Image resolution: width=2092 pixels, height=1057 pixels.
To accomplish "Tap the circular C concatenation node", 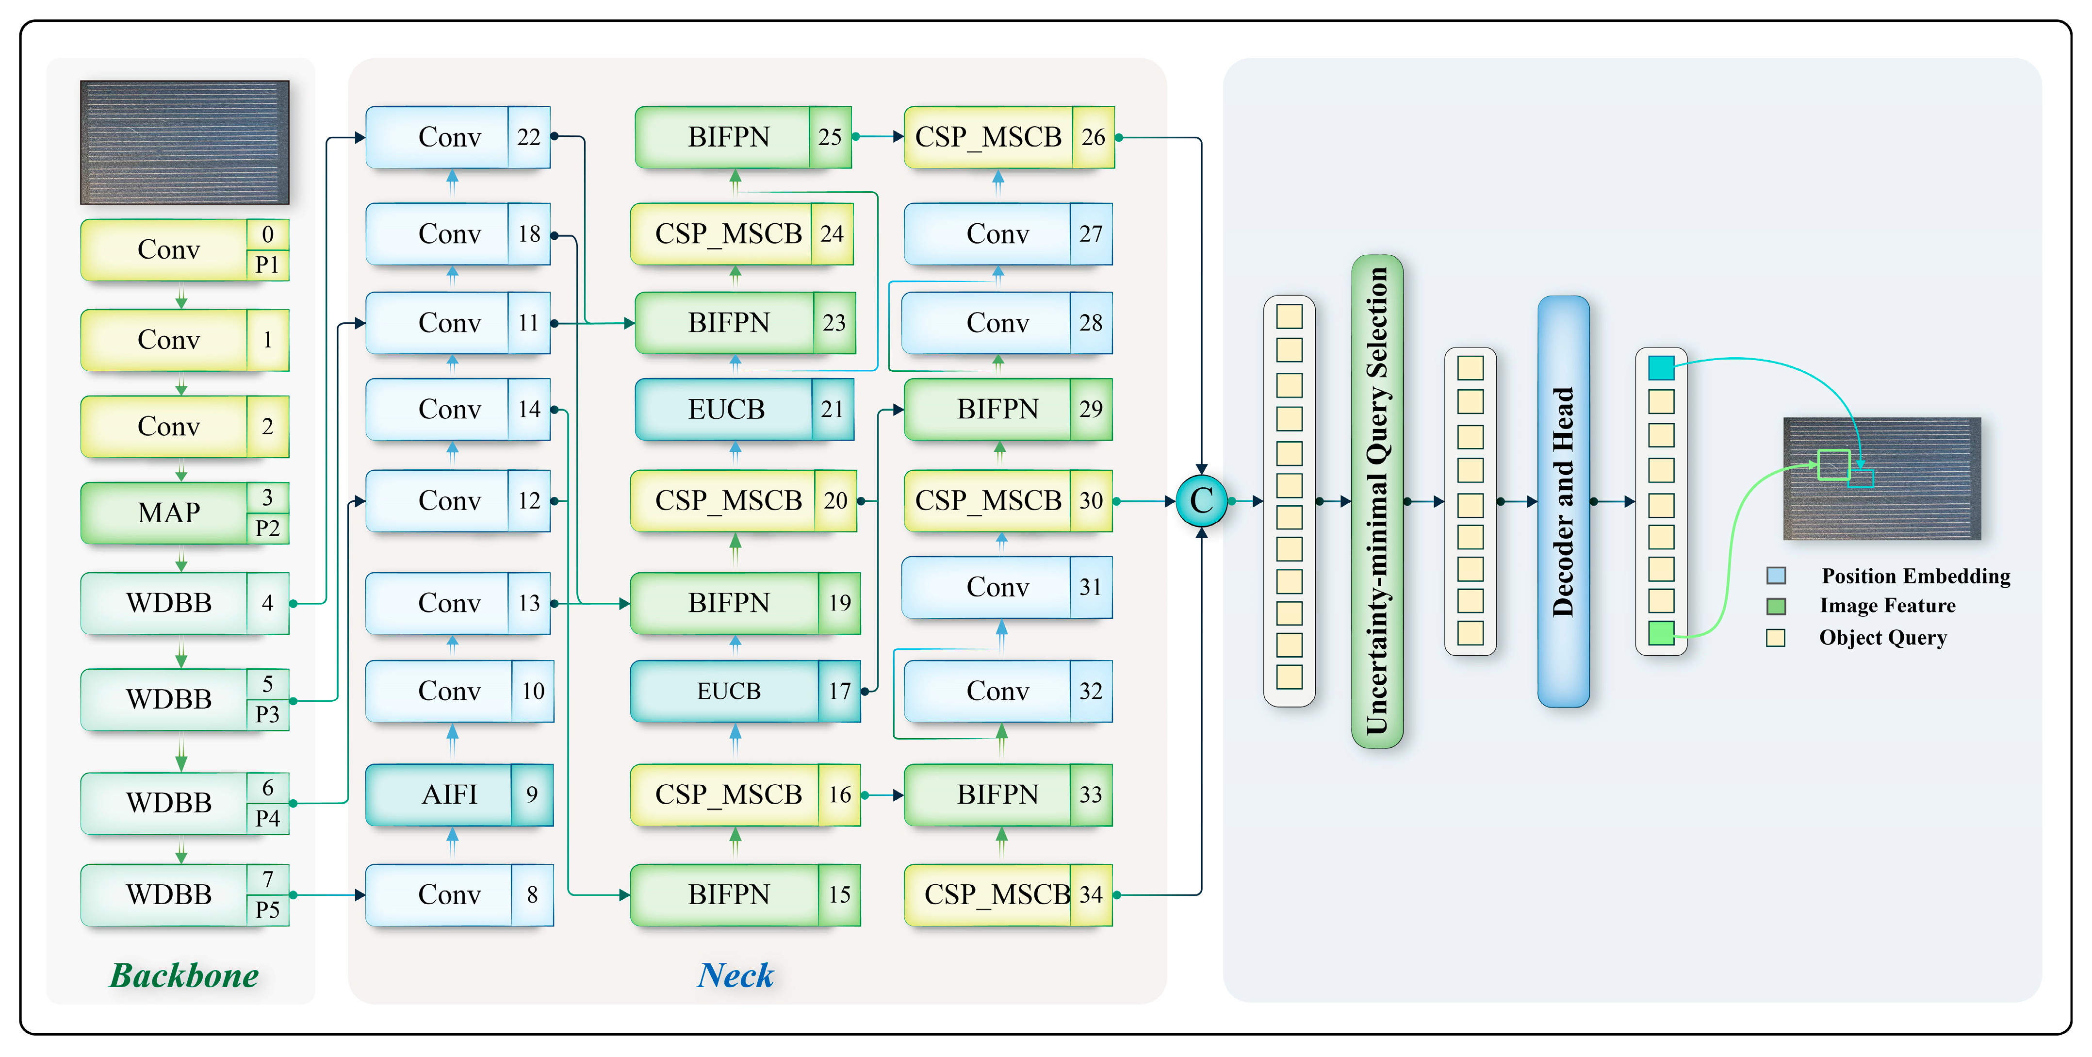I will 1201,500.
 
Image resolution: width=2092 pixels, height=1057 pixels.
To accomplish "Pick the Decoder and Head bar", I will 1563,500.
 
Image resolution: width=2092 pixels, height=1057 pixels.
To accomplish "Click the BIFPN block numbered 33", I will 997,794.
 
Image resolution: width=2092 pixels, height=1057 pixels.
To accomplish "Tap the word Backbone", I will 184,975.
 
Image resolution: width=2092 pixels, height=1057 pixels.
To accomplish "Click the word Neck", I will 736,975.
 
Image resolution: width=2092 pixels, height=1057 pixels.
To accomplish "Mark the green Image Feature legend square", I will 1776,606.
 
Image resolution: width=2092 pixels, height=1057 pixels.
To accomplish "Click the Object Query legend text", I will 1882,638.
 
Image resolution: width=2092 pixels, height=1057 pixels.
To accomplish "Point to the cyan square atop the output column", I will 1661,368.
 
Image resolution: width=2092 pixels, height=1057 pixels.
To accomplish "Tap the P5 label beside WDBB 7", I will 267,909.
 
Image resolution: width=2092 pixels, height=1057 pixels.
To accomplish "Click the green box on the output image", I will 1833,465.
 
